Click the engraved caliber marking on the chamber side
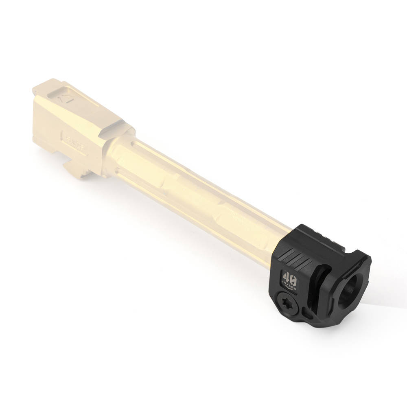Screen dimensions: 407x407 click(73, 140)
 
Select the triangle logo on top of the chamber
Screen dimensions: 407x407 click(63, 98)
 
